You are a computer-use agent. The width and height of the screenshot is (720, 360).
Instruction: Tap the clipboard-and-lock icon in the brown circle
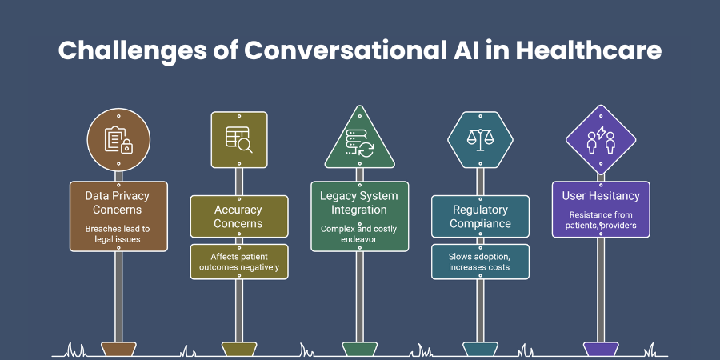coord(118,140)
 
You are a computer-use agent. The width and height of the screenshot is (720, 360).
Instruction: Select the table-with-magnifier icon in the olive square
coord(238,139)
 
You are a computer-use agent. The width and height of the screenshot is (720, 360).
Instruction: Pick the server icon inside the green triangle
coord(359,144)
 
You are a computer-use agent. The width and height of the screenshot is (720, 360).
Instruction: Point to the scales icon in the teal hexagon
coord(480,139)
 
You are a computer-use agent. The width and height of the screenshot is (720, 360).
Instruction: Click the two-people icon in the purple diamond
coord(601,140)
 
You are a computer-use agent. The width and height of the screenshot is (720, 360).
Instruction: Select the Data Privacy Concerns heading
coord(118,202)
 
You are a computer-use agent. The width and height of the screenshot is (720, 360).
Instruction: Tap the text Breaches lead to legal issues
coord(118,234)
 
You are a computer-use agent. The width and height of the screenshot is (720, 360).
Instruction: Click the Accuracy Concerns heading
coord(238,217)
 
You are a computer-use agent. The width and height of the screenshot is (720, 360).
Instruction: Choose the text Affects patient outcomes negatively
coord(238,262)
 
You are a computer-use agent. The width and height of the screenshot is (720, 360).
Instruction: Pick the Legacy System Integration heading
coord(359,202)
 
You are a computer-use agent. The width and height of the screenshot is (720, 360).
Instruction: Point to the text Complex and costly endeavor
coord(359,234)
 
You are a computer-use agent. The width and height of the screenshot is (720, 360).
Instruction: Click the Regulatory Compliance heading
coord(480,217)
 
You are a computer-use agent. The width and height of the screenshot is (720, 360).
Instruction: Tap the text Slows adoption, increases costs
coord(480,262)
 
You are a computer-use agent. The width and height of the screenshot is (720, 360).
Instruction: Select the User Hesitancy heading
coord(601,196)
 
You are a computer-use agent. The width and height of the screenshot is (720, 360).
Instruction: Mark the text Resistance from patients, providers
coord(601,220)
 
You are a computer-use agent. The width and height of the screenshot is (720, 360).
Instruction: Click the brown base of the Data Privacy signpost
coord(118,349)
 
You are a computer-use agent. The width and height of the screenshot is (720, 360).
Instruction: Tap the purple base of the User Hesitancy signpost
coord(601,349)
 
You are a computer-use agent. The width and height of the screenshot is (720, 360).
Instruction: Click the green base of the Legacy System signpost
coord(359,349)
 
